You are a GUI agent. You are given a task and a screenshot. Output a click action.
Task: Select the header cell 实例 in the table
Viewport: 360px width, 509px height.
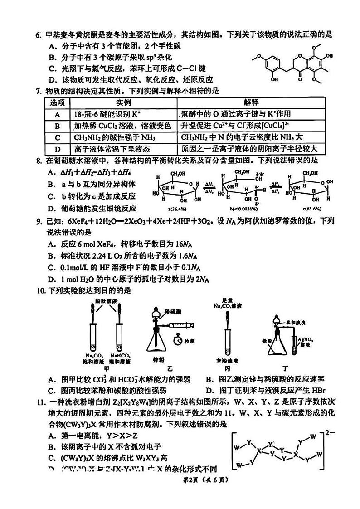pos(123,103)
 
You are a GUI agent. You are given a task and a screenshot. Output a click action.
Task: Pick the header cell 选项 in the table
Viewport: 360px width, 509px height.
pos(58,103)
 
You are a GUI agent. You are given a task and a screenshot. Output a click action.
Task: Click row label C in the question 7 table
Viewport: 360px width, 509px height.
pos(58,137)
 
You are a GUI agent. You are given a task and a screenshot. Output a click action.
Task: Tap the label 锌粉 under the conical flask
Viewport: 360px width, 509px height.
pos(159,360)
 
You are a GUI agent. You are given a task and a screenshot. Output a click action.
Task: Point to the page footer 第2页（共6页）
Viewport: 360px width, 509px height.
pos(180,480)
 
